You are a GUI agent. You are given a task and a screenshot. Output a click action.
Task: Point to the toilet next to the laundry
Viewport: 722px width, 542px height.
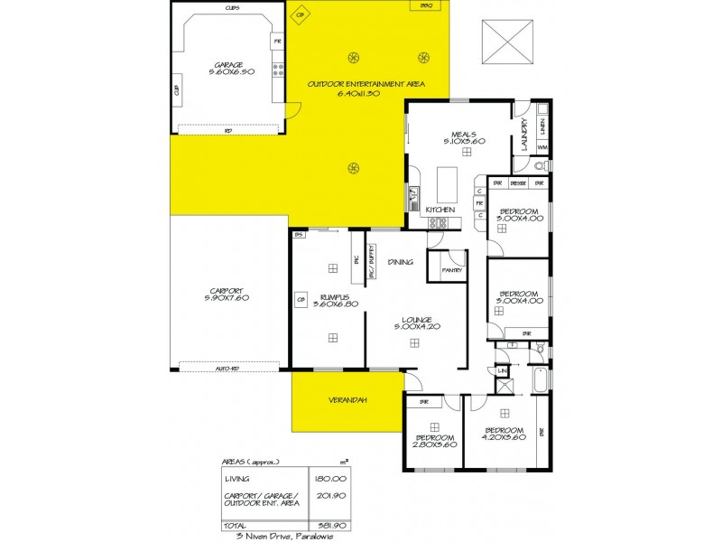[539, 166]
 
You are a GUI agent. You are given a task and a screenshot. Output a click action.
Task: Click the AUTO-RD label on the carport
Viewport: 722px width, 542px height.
[228, 369]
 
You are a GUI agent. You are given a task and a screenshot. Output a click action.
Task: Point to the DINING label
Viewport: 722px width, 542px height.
[400, 262]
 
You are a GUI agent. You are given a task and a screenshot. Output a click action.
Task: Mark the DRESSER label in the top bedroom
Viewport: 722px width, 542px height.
[518, 183]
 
